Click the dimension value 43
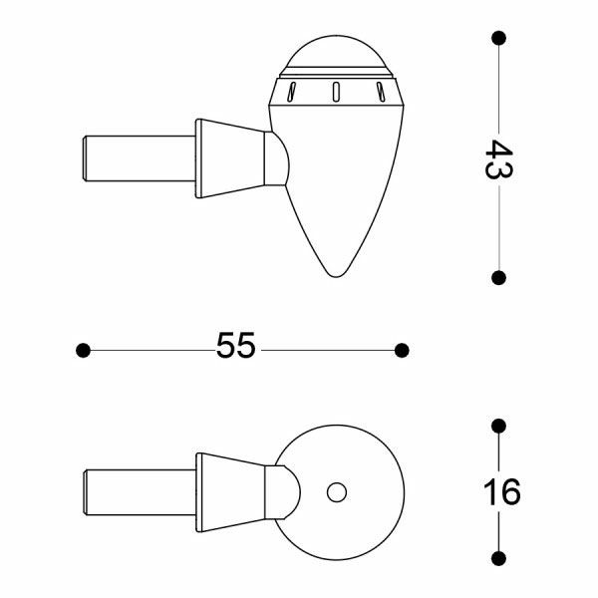pos(498,159)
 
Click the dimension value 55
pos(236,347)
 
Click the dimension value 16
pos(500,492)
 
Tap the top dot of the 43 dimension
pos(498,38)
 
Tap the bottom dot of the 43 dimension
pos(498,278)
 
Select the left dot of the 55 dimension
pos(84,350)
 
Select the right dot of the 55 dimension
pos(402,350)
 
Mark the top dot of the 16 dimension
pos(499,427)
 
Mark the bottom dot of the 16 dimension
pos(499,558)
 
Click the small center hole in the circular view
pos(337,492)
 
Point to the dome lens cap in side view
pos(336,52)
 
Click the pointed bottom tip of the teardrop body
pos(337,273)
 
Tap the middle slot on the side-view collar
pos(336,92)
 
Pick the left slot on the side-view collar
pos(291,94)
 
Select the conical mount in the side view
pos(231,159)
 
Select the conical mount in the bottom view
pos(231,492)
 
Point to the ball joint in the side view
pos(279,157)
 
